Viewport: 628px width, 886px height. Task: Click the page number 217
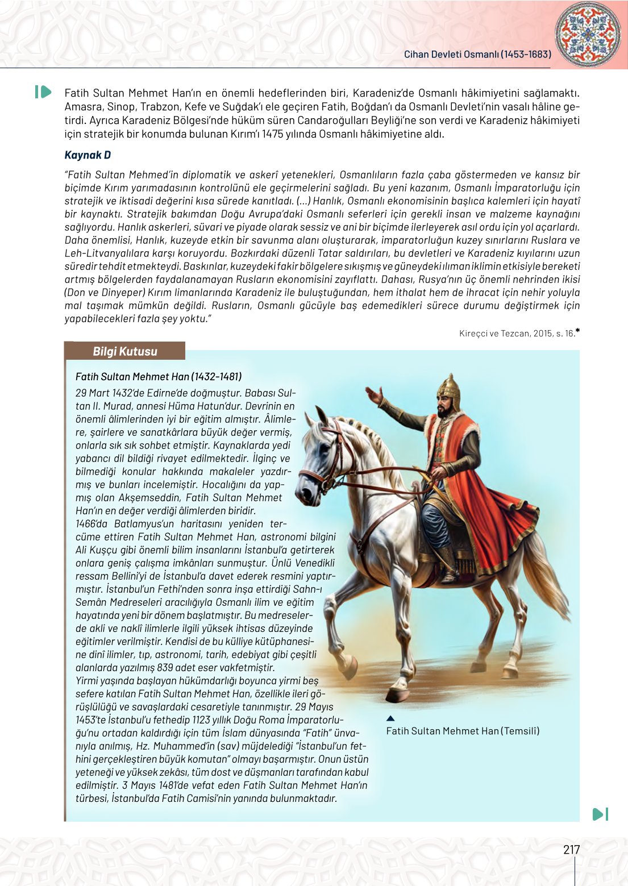(571, 850)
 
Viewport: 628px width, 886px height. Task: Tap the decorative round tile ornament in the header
(588, 34)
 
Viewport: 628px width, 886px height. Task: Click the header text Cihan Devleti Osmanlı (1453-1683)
(477, 55)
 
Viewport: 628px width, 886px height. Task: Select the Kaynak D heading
(88, 155)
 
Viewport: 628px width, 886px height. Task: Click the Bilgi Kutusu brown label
(125, 351)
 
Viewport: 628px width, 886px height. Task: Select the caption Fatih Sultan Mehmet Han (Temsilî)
(463, 731)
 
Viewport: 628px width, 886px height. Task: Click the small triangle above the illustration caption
(390, 718)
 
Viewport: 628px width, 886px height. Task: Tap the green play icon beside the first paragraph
(43, 91)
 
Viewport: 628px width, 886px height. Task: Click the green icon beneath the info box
(600, 814)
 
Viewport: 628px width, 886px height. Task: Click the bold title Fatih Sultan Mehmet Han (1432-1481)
(159, 376)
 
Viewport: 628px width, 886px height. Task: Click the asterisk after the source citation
(577, 331)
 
